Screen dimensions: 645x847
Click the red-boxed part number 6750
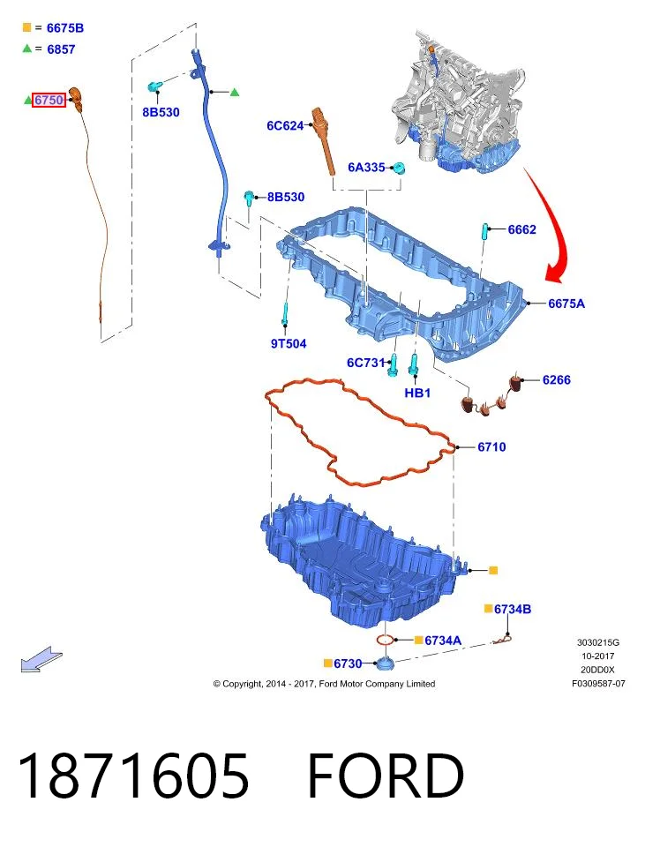49,100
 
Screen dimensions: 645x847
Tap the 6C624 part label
285,126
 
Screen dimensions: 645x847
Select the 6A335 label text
366,168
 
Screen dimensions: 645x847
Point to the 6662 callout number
521,229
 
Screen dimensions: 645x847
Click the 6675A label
566,304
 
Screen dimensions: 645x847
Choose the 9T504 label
289,343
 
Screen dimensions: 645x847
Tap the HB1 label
417,394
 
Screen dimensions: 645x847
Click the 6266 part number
557,379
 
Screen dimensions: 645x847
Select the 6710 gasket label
491,446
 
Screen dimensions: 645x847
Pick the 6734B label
513,610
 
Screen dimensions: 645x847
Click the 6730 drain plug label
348,663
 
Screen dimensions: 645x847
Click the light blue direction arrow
41,659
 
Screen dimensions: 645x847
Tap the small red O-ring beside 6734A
384,640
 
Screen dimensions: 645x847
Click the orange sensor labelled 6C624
324,140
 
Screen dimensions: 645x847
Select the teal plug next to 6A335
399,168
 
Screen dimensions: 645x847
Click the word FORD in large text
386,776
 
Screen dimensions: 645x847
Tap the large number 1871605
134,776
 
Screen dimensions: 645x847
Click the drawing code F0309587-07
598,683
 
